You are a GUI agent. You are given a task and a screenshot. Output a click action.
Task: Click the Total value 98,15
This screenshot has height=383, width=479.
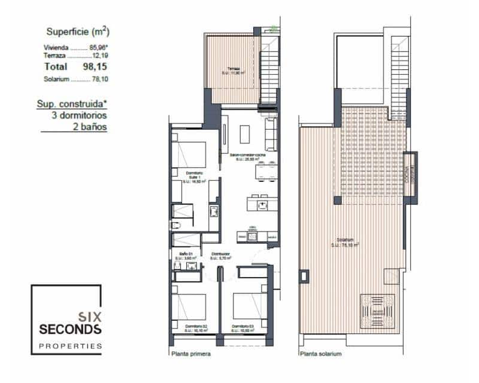(x=93, y=67)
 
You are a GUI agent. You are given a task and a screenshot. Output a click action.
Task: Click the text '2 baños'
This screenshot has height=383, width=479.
(x=91, y=127)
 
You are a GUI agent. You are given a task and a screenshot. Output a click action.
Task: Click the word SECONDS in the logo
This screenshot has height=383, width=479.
(x=70, y=329)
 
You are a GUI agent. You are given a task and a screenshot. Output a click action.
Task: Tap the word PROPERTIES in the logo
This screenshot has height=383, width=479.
(x=70, y=346)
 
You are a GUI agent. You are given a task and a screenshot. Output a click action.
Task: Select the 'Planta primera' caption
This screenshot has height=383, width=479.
(x=190, y=354)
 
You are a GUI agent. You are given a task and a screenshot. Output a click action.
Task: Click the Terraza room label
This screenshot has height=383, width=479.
(x=234, y=69)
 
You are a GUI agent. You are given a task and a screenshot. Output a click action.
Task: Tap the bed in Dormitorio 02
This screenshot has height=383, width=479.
(x=190, y=306)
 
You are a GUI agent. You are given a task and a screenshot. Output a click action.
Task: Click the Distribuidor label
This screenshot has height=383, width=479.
(x=221, y=253)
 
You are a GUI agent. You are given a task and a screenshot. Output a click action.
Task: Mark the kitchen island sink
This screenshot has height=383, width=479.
(x=261, y=205)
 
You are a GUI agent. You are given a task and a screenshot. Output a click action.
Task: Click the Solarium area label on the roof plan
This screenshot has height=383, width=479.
(x=347, y=242)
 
